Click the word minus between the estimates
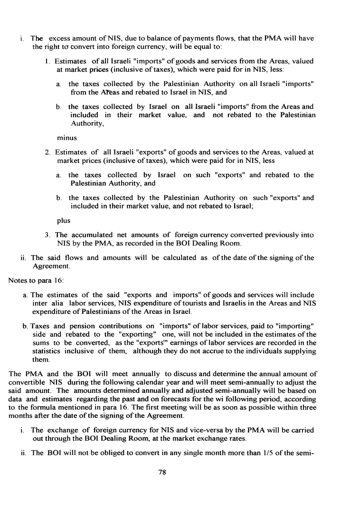(x=66, y=138)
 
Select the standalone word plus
(x=64, y=220)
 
